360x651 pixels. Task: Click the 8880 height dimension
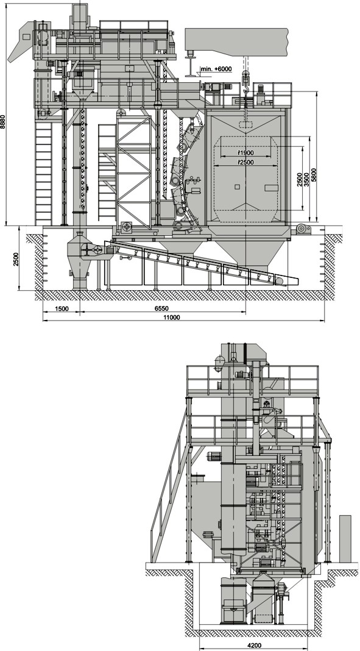3,122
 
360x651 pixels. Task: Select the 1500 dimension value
61,309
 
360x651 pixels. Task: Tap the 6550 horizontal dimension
162,309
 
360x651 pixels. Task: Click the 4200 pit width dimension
254,646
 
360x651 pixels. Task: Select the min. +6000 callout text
216,69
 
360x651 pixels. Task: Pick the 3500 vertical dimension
306,179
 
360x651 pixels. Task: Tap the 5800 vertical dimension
314,175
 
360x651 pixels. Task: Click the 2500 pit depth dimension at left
16,259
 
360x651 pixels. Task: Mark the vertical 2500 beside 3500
300,179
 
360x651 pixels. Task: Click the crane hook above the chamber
245,88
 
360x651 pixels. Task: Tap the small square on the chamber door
237,187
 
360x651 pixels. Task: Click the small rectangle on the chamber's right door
271,188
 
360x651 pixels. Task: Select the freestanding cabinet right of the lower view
345,538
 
